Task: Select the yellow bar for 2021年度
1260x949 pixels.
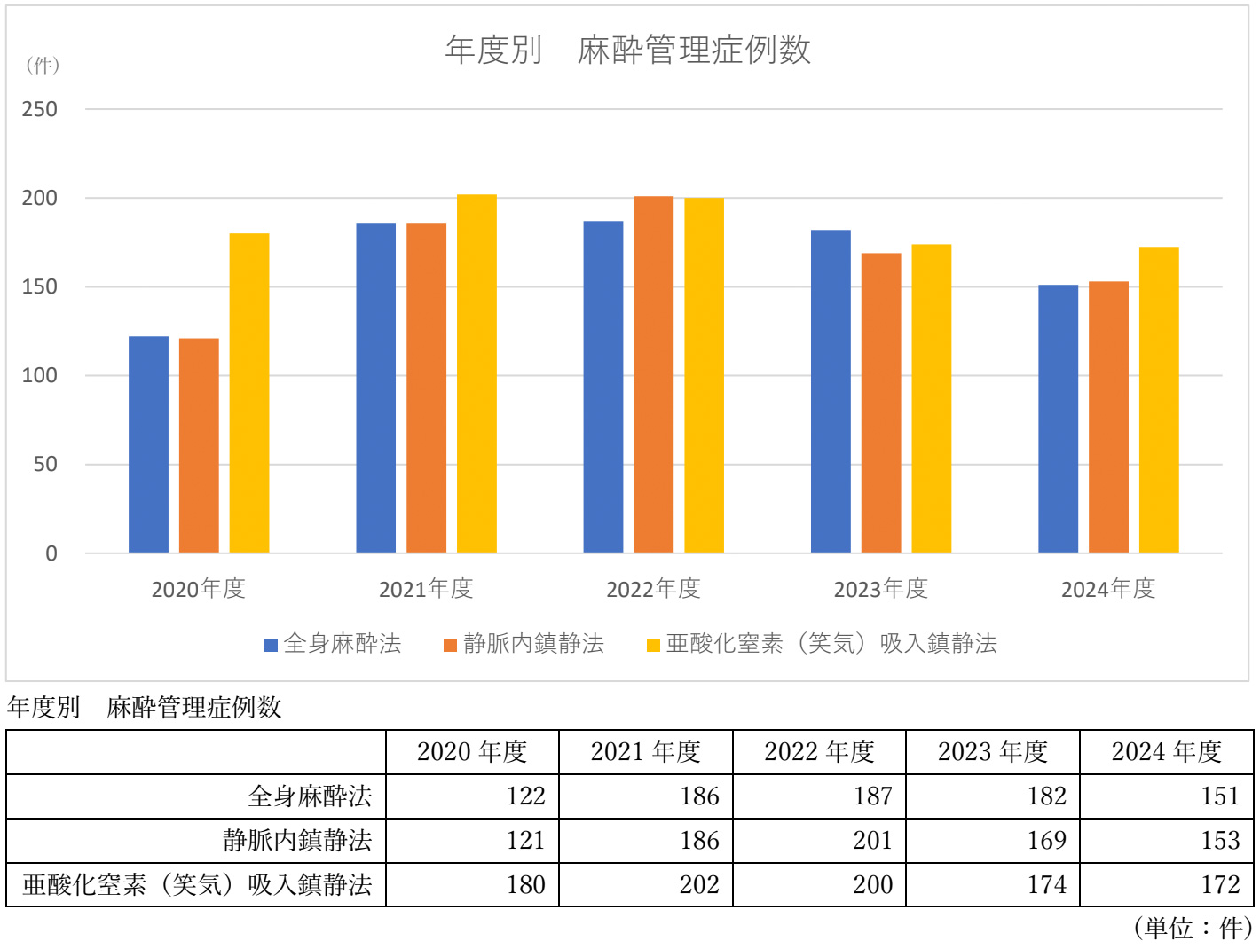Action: [x=476, y=373]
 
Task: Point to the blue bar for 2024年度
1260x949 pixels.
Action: [x=1058, y=418]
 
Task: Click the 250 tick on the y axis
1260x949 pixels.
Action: [x=39, y=109]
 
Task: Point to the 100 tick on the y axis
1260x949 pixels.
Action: [x=39, y=375]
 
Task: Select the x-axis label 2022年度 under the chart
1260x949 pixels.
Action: [x=653, y=589]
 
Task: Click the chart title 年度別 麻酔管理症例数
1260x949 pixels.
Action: [x=627, y=50]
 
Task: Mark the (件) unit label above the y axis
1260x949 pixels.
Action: [x=42, y=65]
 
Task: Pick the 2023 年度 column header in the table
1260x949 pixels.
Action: [x=992, y=752]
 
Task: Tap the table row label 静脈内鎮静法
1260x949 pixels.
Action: [x=297, y=840]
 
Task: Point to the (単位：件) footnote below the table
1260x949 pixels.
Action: [x=1192, y=928]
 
